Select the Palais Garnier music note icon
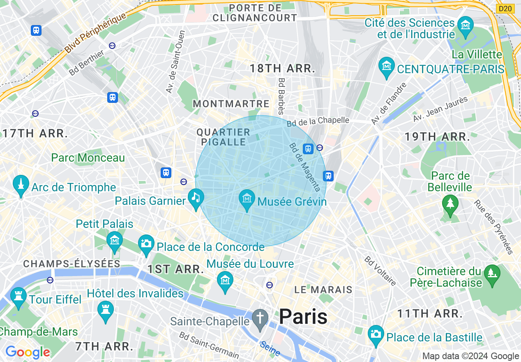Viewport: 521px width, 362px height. click(x=195, y=197)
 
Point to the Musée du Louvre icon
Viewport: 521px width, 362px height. click(x=225, y=281)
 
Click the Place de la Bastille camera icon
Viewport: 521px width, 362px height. click(x=376, y=334)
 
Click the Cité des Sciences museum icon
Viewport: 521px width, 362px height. click(x=466, y=25)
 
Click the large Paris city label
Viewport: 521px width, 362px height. click(x=303, y=317)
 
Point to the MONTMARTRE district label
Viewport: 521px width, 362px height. click(x=231, y=104)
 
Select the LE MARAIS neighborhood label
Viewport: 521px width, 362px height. click(x=323, y=290)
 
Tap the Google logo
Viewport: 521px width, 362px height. click(x=28, y=352)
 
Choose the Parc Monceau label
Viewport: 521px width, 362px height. click(x=88, y=158)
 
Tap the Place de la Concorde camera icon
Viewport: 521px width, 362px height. click(x=146, y=243)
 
